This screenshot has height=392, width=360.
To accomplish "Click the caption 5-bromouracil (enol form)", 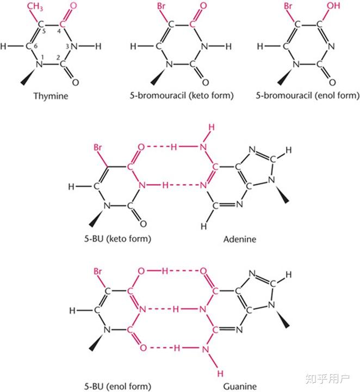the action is [x=307, y=96].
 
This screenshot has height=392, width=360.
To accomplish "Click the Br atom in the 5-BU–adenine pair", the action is [x=99, y=148].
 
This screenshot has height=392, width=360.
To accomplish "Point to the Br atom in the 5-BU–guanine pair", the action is [x=99, y=271].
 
